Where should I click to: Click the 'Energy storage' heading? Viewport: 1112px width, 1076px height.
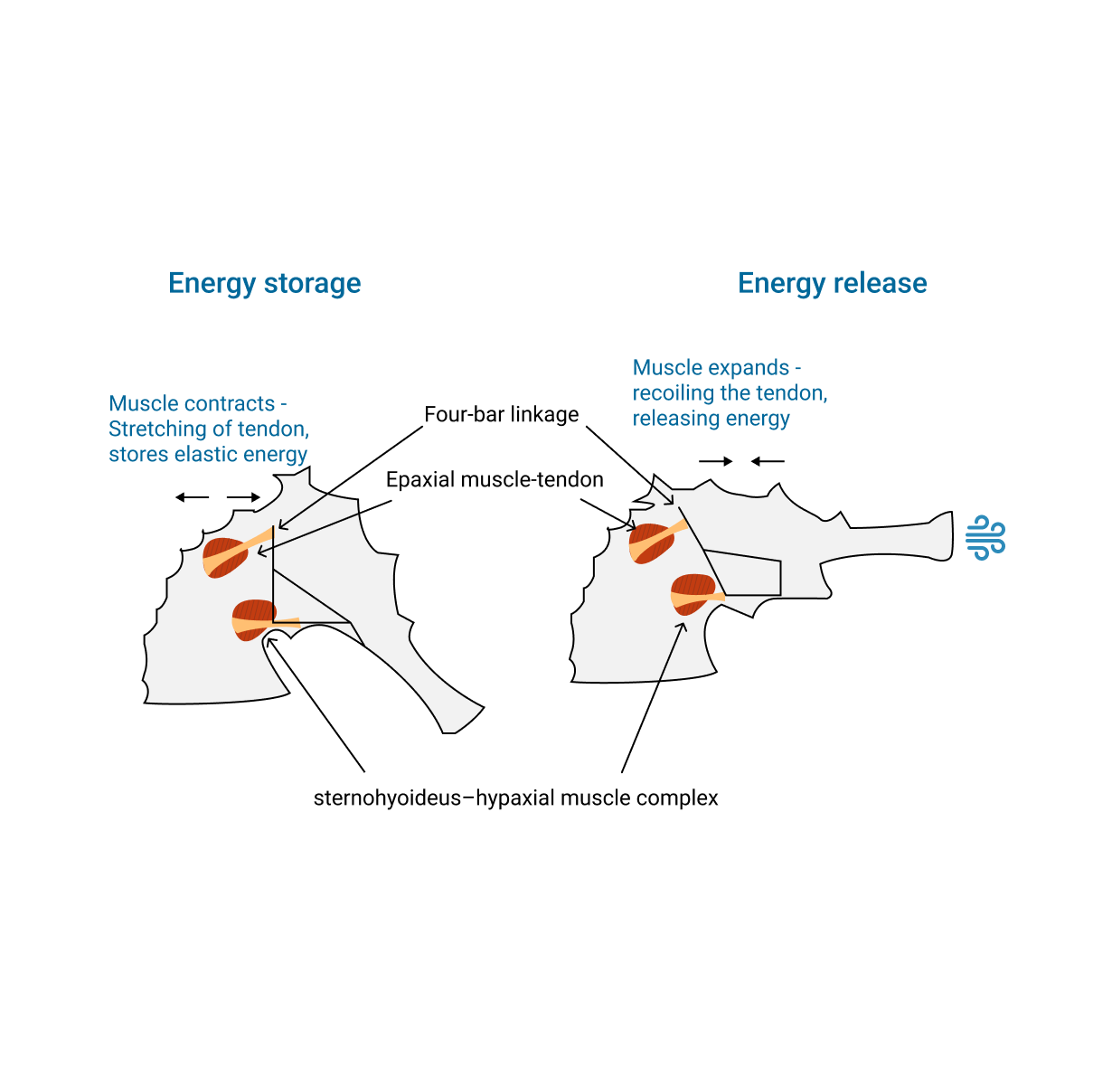(x=264, y=283)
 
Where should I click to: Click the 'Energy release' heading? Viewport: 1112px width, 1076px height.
(x=832, y=283)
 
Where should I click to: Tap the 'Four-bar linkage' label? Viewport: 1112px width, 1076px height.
(x=501, y=414)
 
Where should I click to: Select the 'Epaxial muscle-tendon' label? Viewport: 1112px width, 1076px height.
(x=495, y=479)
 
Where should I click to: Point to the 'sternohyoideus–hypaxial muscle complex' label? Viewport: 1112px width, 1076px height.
(x=515, y=798)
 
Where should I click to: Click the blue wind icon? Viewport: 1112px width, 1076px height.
(x=985, y=538)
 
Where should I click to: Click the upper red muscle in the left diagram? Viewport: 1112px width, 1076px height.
(x=223, y=557)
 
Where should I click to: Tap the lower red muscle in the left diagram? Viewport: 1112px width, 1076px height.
(x=254, y=619)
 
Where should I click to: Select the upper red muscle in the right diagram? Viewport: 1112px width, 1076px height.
(x=650, y=543)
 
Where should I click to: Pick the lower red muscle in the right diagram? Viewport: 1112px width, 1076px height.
(x=693, y=594)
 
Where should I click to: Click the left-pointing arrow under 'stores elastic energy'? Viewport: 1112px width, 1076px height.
(x=192, y=497)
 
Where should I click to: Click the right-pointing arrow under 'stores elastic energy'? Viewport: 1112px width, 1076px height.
(x=243, y=497)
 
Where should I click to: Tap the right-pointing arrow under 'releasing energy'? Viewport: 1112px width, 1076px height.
(x=715, y=461)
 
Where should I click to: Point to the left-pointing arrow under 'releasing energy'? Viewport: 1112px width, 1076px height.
(x=768, y=461)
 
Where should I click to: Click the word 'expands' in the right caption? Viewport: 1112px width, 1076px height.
(x=749, y=368)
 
